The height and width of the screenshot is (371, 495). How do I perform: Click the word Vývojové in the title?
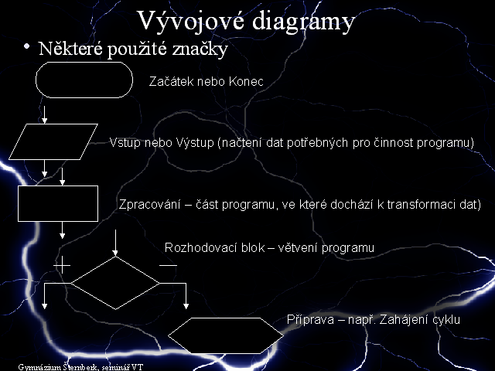point(191,21)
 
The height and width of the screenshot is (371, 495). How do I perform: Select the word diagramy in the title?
point(304,22)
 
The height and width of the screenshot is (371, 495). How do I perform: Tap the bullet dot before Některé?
point(26,46)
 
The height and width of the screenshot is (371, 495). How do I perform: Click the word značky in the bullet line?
point(200,49)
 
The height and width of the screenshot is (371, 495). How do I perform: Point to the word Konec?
point(246,81)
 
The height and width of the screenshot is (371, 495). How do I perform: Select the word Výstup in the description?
point(195,143)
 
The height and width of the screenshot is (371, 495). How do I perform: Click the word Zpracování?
point(149,205)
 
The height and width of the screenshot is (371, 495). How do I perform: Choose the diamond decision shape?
point(93,270)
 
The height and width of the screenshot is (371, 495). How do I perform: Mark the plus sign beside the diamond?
point(62,265)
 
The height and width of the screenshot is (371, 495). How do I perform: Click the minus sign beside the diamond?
point(169,265)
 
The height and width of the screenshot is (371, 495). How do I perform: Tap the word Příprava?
point(310,320)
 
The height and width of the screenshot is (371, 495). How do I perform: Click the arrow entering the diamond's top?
point(115,243)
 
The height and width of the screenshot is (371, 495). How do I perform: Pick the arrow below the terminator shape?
point(45,115)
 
